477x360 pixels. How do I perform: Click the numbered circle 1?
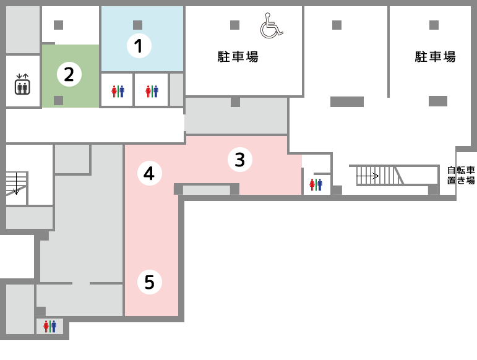[x=139, y=46]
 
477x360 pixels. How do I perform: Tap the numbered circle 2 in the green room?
[x=69, y=74]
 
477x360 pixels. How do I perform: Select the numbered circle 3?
[x=239, y=160]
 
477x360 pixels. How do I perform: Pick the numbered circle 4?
[x=149, y=173]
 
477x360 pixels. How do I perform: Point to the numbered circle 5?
[x=149, y=282]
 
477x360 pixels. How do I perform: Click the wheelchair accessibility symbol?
[x=271, y=26]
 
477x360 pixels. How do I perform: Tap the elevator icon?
[x=22, y=85]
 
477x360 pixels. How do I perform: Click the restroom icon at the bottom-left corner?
[x=49, y=326]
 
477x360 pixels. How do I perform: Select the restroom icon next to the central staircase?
[x=316, y=184]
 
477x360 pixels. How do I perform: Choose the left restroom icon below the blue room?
[x=118, y=91]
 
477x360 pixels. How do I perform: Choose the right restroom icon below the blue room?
[x=152, y=91]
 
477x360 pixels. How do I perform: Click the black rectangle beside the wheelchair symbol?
[x=238, y=58]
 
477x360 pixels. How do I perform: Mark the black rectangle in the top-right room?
[x=436, y=58]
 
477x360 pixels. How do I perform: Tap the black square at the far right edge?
[x=459, y=176]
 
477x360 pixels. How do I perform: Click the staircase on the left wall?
[x=15, y=184]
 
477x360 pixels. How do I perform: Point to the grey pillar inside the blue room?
[x=137, y=25]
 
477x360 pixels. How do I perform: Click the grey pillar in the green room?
[x=58, y=100]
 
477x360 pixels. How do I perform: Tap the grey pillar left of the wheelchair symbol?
[x=234, y=25]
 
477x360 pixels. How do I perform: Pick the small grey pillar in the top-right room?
[x=434, y=25]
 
